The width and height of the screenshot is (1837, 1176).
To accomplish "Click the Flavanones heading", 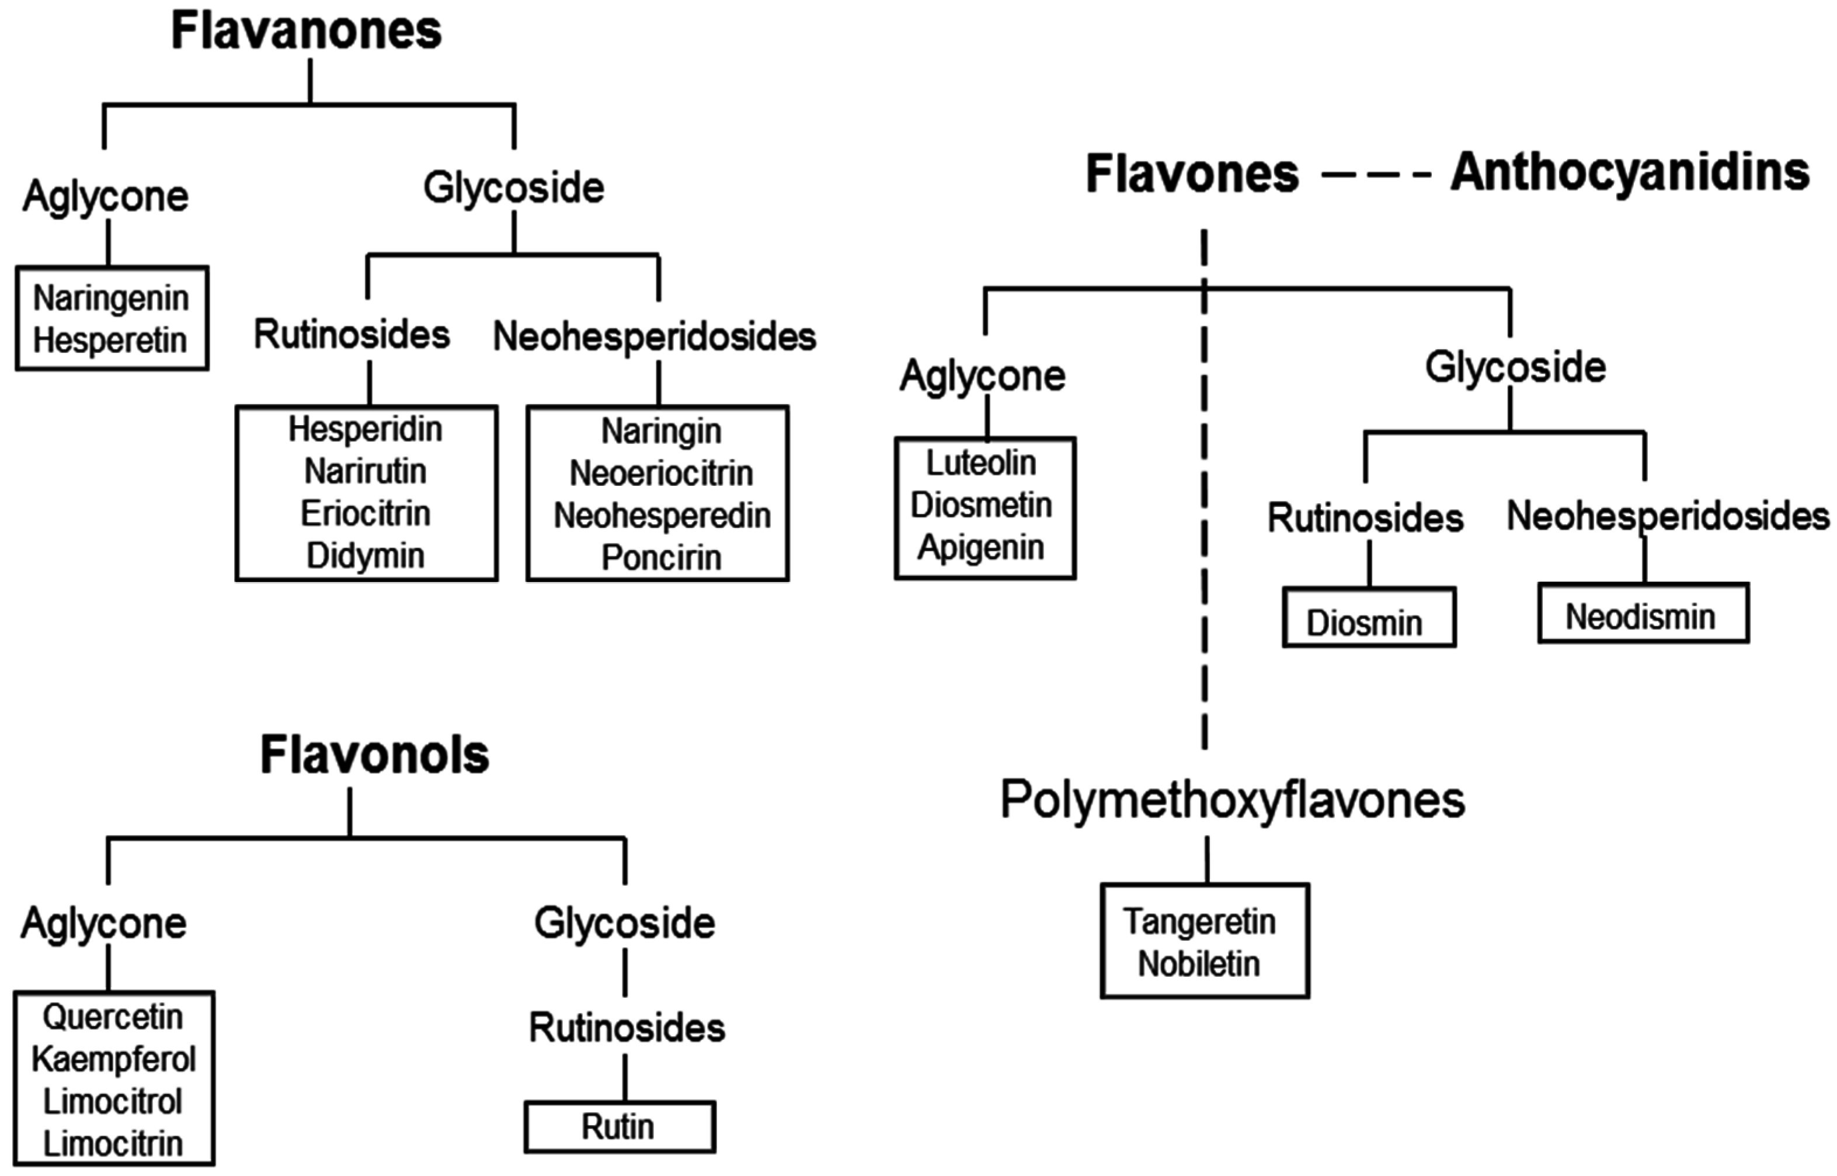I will tap(306, 32).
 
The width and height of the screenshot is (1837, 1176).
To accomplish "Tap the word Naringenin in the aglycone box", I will tap(111, 298).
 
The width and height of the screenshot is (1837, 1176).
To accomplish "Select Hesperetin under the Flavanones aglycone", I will tap(110, 340).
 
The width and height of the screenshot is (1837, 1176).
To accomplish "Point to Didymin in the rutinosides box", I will tap(365, 555).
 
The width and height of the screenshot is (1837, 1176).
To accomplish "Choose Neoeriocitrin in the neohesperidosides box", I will tap(661, 474).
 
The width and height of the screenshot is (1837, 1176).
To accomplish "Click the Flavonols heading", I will tap(374, 755).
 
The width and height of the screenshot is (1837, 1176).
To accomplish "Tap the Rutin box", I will tap(619, 1126).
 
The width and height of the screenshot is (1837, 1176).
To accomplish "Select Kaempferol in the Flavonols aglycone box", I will tap(114, 1059).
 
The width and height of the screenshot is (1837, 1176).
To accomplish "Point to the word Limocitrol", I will tap(113, 1101).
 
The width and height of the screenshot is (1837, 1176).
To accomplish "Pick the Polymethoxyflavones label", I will tap(1232, 801).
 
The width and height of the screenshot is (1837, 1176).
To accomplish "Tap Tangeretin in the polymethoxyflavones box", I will tap(1199, 922).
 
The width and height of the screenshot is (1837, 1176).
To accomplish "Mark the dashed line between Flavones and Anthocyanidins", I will tap(1376, 175).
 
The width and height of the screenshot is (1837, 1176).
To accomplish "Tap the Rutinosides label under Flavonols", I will tap(627, 1028).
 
